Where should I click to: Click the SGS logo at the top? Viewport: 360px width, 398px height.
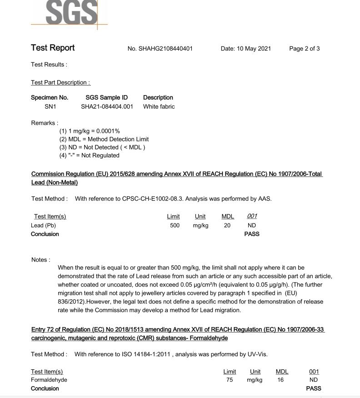coord(72,12)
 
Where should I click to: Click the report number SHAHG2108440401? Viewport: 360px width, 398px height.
coord(165,49)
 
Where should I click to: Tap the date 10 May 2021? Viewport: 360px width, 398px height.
coord(246,49)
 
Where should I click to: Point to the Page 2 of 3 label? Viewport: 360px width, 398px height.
coord(304,49)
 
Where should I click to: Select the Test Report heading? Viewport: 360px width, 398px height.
coord(53,48)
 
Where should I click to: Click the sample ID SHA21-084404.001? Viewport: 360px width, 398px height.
coord(107,106)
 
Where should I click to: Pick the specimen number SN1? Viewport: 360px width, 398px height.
coord(50,106)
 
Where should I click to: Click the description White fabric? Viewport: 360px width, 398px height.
coord(159,106)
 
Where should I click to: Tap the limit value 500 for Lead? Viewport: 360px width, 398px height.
coord(175,225)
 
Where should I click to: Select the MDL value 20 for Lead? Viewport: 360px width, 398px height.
coord(227,225)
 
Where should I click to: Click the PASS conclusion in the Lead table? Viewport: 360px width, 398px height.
coord(252,234)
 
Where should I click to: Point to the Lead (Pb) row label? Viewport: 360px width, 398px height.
coord(43,225)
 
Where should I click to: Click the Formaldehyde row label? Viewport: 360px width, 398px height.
coord(49,380)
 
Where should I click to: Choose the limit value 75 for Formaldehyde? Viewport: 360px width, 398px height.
coord(230,380)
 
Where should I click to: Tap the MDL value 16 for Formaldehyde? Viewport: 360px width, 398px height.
coord(280,380)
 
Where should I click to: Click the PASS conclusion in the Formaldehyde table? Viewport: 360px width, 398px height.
coord(314,388)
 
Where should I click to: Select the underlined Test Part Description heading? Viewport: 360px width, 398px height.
coord(60,82)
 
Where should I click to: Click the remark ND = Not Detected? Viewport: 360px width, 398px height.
coord(102,147)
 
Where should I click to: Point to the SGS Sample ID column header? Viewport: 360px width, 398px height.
coord(107,97)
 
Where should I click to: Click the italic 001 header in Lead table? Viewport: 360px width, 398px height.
coord(252,216)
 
